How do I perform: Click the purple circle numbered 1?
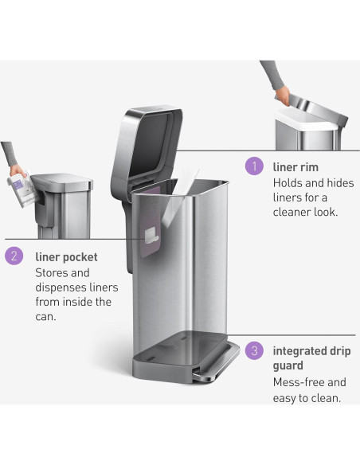pyautogui.click(x=254, y=166)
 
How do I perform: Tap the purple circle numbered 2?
pyautogui.click(x=14, y=256)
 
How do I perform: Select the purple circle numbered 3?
pyautogui.click(x=254, y=351)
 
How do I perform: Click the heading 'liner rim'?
pyautogui.click(x=295, y=167)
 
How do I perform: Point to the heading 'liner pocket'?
pyautogui.click(x=66, y=257)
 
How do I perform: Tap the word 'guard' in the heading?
pyautogui.click(x=288, y=366)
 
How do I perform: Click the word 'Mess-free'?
pyautogui.click(x=299, y=382)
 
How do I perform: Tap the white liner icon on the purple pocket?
pyautogui.click(x=151, y=236)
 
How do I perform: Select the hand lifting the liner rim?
pyautogui.click(x=283, y=95)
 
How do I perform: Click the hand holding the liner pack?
pyautogui.click(x=16, y=170)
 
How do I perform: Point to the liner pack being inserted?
pyautogui.click(x=23, y=189)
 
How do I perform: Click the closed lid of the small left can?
pyautogui.click(x=61, y=181)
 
